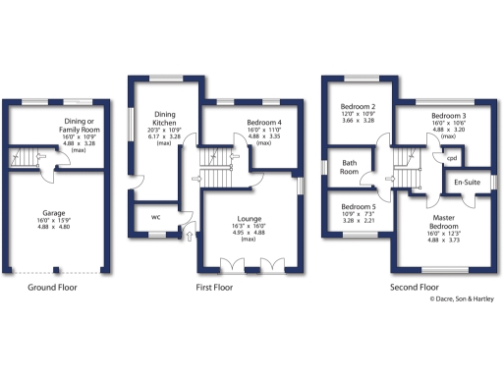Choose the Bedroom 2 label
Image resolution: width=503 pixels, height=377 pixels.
(358, 108)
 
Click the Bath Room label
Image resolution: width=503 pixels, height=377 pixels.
(350, 167)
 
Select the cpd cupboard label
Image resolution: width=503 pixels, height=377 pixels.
(452, 157)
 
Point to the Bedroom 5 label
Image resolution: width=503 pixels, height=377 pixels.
(358, 207)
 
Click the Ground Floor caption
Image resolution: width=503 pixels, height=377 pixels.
(53, 288)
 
